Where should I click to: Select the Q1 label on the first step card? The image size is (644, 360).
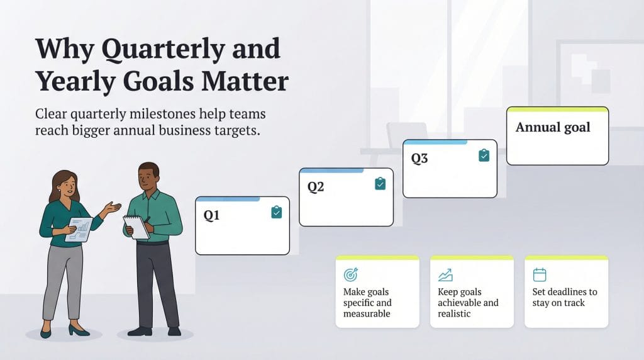click(211, 216)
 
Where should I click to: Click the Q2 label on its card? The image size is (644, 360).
click(315, 187)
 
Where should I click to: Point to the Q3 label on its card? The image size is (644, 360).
click(419, 159)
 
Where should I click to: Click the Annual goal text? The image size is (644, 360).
click(553, 127)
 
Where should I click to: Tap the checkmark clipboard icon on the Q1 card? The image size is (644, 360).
click(277, 213)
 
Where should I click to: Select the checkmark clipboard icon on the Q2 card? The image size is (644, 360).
click(380, 184)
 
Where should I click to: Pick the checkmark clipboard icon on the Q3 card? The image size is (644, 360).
click(484, 155)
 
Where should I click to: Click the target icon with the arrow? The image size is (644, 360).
click(351, 275)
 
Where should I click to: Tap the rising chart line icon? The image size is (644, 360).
click(445, 275)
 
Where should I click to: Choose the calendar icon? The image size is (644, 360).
click(540, 275)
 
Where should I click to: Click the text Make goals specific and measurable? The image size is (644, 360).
click(367, 303)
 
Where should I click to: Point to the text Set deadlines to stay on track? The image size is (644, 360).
click(565, 298)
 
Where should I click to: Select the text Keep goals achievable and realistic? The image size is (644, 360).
click(468, 303)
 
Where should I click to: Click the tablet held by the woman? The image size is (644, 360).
click(79, 229)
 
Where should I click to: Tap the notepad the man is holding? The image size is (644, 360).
click(136, 227)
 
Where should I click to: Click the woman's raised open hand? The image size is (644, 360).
click(113, 208)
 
